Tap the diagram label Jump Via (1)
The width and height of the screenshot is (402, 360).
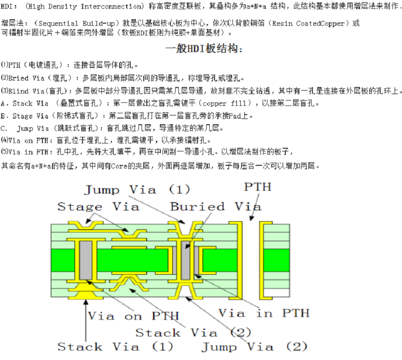tap(137, 190)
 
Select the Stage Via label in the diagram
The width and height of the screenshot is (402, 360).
tap(98, 206)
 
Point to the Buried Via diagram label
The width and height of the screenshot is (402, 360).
tap(216, 206)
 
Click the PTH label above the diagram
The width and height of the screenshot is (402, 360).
tap(257, 187)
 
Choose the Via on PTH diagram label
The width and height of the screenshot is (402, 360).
tap(133, 316)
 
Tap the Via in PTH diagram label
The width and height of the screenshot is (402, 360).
tap(264, 313)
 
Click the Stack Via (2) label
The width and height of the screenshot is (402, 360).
tap(193, 333)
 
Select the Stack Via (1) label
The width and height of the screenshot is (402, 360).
tap(115, 347)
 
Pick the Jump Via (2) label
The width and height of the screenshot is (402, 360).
tap(254, 347)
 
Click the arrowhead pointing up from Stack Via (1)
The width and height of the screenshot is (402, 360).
tap(86, 302)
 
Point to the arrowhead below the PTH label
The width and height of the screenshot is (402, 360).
tap(252, 218)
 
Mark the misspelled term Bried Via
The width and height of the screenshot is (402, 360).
tap(26, 78)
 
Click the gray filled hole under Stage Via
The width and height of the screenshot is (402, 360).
tap(86, 260)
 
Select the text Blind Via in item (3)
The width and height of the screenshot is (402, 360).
tap(26, 91)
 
